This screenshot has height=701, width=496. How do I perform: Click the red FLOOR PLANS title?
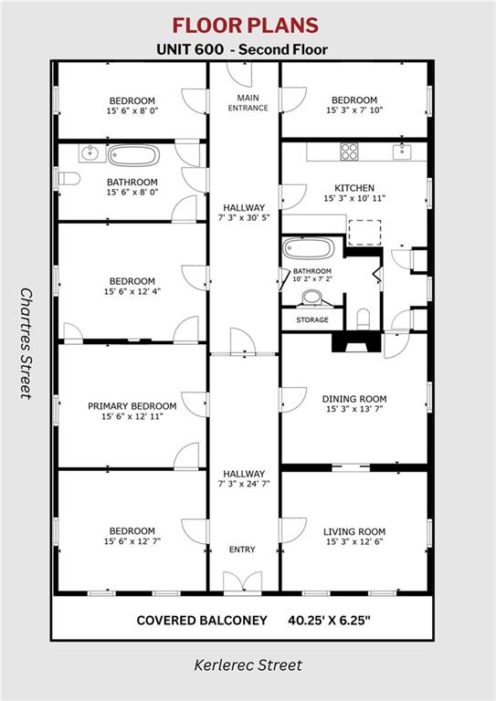246,26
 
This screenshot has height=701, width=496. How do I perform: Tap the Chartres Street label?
26,343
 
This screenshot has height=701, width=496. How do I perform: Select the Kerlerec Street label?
248,664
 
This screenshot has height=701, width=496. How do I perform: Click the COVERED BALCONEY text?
202,621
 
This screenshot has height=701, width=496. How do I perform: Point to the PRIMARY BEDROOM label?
132,406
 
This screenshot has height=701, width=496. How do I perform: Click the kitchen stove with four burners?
349,152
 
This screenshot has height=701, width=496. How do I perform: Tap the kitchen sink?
402,152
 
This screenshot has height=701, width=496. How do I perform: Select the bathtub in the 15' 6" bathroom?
133,155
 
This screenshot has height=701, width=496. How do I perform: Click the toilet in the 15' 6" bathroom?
69,179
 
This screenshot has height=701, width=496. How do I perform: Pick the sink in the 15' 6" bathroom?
91,153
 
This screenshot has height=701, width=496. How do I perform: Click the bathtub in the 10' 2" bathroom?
308,248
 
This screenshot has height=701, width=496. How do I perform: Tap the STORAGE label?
312,319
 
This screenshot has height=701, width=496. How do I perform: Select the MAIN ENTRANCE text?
248,102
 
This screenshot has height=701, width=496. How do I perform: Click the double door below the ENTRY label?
242,582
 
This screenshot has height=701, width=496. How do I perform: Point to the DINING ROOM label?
354,399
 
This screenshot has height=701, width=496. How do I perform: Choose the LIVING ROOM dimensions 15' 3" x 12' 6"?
354,542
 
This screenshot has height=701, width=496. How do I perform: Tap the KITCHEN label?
354,188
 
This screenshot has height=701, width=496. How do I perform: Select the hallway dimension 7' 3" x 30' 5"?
244,218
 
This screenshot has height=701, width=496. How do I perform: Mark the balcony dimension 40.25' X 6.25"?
329,621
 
